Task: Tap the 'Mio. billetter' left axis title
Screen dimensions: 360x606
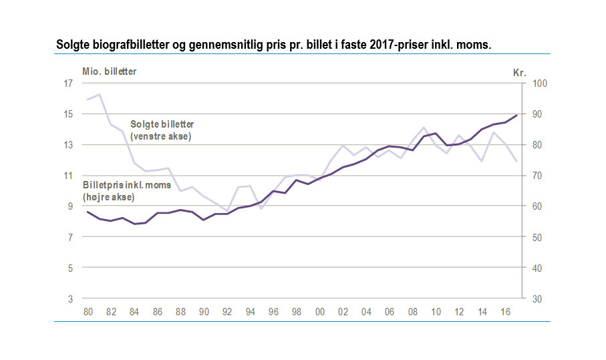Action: (x=110, y=71)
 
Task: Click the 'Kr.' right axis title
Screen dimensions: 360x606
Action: (x=520, y=72)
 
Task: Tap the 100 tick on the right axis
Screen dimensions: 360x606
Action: (x=539, y=83)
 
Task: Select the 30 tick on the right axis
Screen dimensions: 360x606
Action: (x=537, y=299)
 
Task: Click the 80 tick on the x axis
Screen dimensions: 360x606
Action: (x=88, y=311)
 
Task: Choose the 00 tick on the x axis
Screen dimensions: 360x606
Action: (x=320, y=311)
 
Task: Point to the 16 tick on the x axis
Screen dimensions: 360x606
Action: (x=505, y=311)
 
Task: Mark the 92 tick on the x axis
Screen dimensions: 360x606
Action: (x=227, y=311)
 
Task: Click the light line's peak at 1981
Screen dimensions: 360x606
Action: (x=100, y=94)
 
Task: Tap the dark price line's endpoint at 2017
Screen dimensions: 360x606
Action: (x=516, y=116)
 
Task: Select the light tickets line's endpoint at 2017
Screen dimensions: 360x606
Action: (x=516, y=161)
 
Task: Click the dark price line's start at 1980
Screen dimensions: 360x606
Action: (x=88, y=212)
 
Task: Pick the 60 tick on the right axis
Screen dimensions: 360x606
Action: (x=537, y=206)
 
